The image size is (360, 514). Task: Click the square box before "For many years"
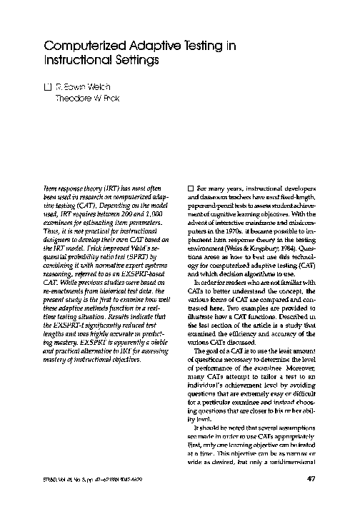pos(191,186)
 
